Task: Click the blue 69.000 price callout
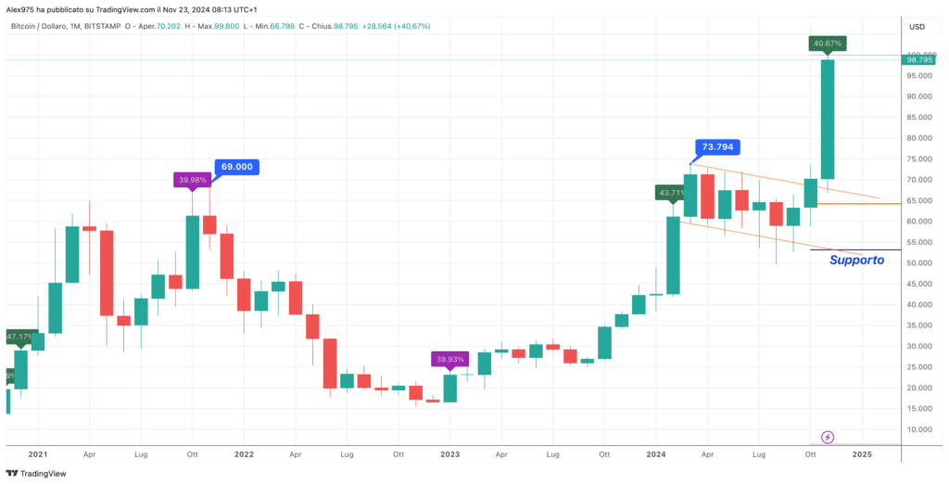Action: click(236, 167)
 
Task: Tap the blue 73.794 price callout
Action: click(718, 146)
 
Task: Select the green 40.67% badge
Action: click(827, 43)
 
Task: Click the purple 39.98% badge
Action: click(192, 180)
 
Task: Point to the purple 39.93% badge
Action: click(449, 359)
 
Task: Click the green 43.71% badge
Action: click(673, 193)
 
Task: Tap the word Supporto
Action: click(855, 261)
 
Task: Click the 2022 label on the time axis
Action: click(244, 454)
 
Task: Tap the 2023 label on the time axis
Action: click(450, 454)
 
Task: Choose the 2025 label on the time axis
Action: click(863, 454)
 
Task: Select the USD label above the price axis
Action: click(917, 26)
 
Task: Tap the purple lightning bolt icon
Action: click(828, 437)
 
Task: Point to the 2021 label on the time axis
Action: click(38, 454)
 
